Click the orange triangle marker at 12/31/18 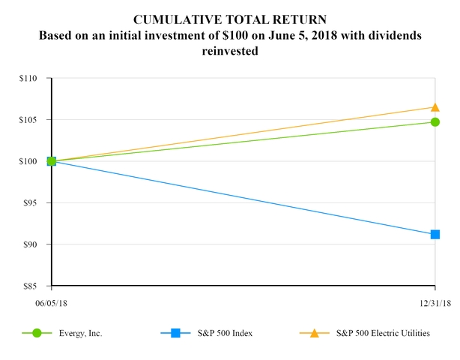(x=435, y=107)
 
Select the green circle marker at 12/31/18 (x=435, y=121)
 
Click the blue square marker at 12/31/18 (x=435, y=234)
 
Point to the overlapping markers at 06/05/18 (x=51, y=161)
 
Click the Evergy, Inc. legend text (x=81, y=334)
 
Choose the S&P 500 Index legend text (x=226, y=334)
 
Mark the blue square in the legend (x=175, y=333)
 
